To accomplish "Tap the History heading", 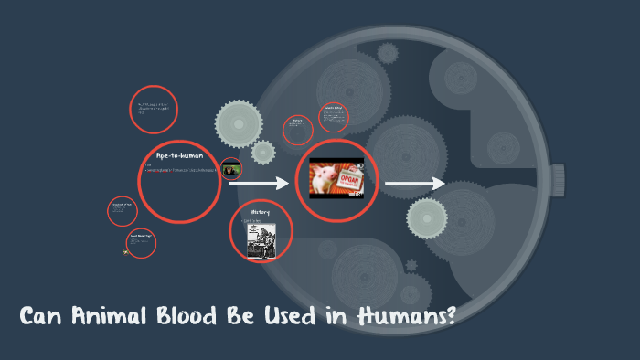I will click(x=260, y=211).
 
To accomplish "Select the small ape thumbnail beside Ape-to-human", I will click(x=231, y=168).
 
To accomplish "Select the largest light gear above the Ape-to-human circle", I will click(x=239, y=122).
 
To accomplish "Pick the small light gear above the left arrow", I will click(x=263, y=152).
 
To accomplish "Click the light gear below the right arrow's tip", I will click(x=427, y=217).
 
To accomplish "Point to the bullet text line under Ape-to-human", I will click(x=183, y=170).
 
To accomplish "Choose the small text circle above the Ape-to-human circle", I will click(x=153, y=110).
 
